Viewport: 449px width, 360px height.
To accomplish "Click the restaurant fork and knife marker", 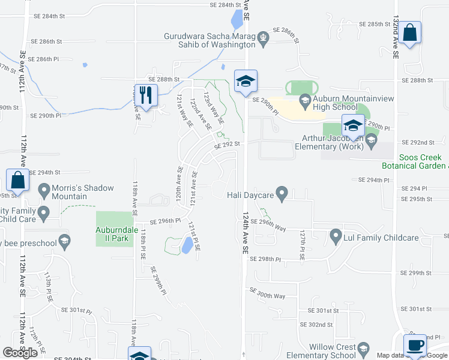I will (146, 95).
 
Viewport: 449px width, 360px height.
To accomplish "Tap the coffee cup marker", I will (414, 345).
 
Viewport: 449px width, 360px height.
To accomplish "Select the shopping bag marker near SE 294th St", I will (18, 181).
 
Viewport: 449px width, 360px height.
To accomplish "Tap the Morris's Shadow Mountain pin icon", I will (44, 191).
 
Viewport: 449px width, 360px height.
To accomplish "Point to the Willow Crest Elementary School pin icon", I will (364, 349).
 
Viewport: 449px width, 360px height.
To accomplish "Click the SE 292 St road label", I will (228, 144).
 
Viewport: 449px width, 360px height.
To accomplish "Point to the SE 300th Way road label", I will (267, 295).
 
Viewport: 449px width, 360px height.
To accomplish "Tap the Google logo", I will (20, 353).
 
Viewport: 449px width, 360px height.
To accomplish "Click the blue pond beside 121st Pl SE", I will (187, 244).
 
